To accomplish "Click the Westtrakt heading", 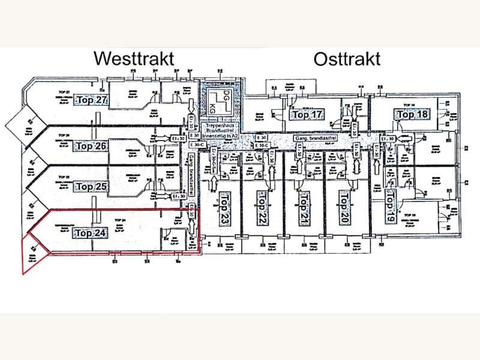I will click(x=134, y=59).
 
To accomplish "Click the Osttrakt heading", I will click(x=346, y=59).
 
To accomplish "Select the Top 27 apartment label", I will click(x=92, y=100).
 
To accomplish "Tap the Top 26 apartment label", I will click(x=92, y=146).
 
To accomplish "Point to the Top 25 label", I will click(x=92, y=187).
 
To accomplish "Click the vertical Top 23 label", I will click(x=225, y=208).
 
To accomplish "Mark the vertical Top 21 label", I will click(x=304, y=208).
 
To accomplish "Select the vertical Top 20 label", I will click(x=344, y=208).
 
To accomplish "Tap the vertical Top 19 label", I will click(x=391, y=205).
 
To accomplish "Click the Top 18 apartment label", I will click(x=413, y=114).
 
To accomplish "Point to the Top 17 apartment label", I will click(x=308, y=114).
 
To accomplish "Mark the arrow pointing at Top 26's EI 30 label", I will click(x=161, y=138).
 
